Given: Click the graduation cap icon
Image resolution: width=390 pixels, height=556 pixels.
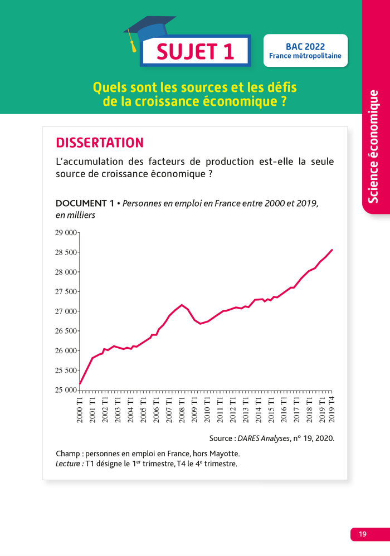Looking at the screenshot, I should pos(148,31).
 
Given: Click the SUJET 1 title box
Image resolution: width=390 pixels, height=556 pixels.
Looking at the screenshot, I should pos(195,51).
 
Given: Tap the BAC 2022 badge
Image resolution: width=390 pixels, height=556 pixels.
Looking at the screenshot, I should pos(305,51).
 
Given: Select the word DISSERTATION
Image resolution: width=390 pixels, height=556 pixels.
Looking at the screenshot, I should pos(100,143).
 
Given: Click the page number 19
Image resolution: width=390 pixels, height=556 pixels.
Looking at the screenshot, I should pos(362,534).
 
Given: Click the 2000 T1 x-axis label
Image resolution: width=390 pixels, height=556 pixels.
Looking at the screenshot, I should pos(80,410).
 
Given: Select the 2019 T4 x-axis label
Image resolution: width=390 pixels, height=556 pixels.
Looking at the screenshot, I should pos(332,410).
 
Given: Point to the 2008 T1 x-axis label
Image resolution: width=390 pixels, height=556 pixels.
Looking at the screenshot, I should pos(182,410).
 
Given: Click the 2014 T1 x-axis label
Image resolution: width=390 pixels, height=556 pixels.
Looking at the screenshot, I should pos(258,410).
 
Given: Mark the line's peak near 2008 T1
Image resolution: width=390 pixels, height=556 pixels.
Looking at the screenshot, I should pos(182,305).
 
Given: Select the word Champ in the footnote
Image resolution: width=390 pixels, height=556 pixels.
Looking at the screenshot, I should pos(67,453).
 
